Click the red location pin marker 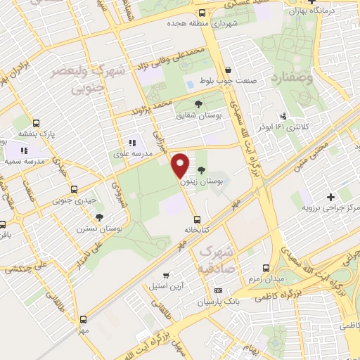[181, 165]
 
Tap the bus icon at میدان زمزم [266, 268]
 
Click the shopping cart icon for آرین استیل [166, 276]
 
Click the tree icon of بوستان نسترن [98, 217]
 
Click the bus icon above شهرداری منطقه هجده [202, 12]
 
